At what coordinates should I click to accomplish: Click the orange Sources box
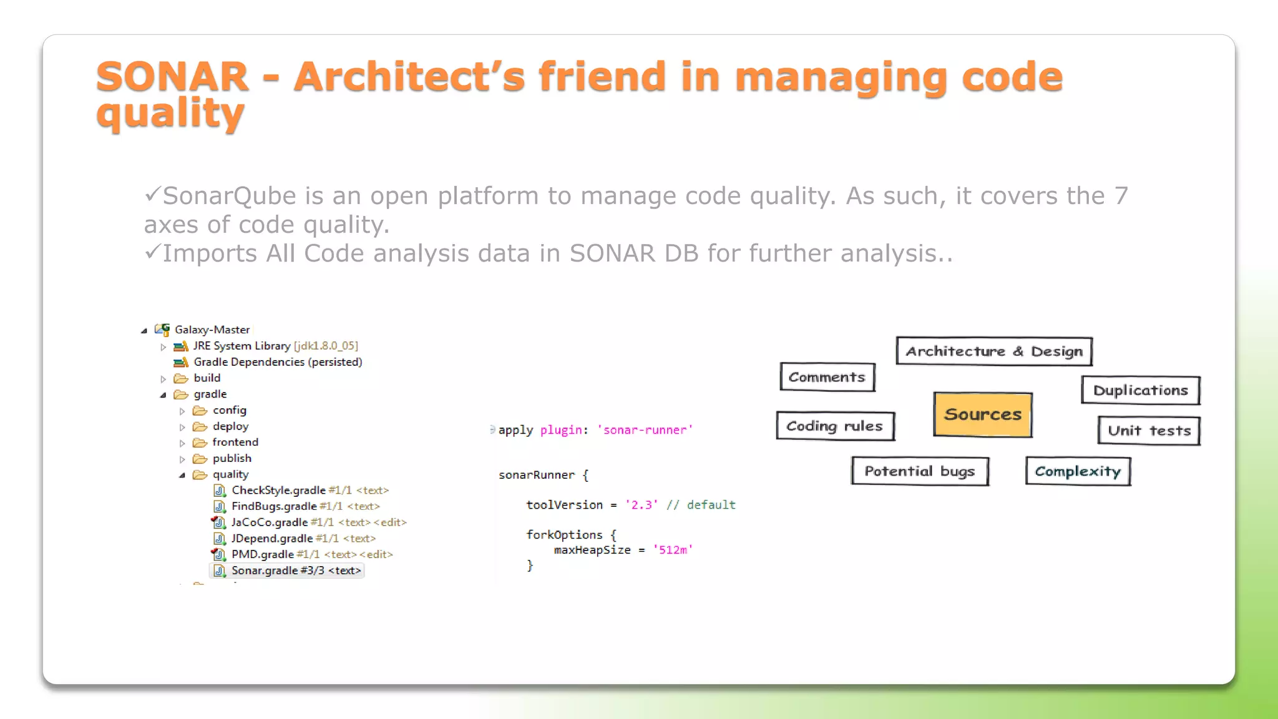pos(983,414)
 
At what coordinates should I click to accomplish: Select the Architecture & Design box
pos(994,351)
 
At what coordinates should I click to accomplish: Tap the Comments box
pos(827,377)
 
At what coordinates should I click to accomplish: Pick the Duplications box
pos(1140,391)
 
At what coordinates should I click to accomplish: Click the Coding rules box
pos(835,426)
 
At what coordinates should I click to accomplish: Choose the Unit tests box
pos(1149,431)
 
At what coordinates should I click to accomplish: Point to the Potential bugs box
pos(920,471)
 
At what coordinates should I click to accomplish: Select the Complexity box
pos(1078,471)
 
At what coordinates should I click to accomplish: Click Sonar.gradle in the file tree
pos(265,570)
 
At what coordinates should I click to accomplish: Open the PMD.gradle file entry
pos(262,554)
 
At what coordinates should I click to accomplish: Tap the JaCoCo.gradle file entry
pos(269,522)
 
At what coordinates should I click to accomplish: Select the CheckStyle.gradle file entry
pos(278,490)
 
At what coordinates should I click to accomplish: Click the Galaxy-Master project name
pos(212,330)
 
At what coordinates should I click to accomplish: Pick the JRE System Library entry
pos(241,346)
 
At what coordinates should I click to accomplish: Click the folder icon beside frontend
pos(200,443)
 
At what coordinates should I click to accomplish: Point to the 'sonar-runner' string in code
pos(645,430)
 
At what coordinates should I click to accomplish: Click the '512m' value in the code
pos(672,550)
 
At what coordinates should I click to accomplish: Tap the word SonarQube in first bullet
pos(229,196)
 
